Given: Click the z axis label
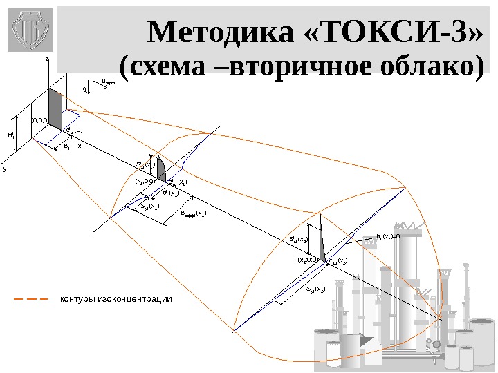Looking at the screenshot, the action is (x=46, y=60).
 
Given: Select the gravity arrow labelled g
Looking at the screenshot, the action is (x=85, y=90).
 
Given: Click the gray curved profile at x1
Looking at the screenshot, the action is (x=160, y=168).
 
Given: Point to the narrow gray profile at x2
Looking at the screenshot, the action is (x=322, y=245).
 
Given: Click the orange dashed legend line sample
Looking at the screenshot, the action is (x=30, y=300).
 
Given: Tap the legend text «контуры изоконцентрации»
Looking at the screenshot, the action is (x=116, y=300).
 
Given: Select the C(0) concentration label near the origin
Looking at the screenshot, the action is (x=74, y=130).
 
